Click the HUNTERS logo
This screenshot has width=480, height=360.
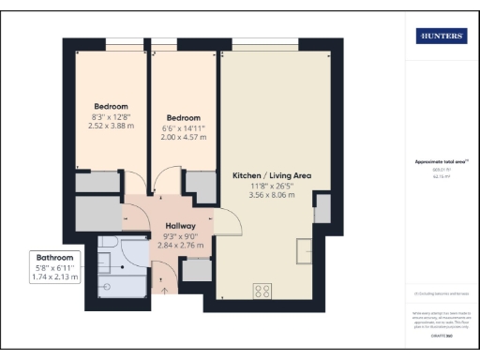tap(442, 36)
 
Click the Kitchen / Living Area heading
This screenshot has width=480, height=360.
tap(271, 175)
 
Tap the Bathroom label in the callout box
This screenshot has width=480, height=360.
tap(54, 257)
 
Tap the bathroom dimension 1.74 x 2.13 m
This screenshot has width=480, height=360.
tap(54, 278)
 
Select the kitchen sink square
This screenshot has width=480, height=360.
tap(307, 251)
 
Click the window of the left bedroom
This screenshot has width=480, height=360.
tap(115, 40)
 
